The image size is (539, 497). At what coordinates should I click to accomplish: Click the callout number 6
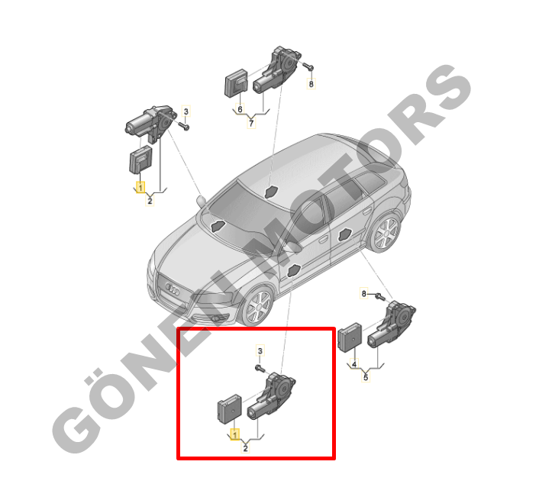click(x=240, y=109)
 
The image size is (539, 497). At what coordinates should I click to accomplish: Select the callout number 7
click(x=251, y=123)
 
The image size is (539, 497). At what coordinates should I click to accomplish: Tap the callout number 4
click(x=354, y=363)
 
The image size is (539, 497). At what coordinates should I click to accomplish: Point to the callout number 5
click(x=366, y=377)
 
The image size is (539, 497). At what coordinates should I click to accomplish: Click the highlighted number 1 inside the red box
click(x=235, y=435)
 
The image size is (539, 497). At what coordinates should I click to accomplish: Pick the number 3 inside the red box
click(x=260, y=351)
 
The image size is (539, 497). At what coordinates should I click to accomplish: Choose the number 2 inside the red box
click(x=245, y=448)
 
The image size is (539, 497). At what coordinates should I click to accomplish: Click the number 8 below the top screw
click(x=311, y=84)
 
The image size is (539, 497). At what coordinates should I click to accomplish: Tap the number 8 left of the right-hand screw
click(x=363, y=293)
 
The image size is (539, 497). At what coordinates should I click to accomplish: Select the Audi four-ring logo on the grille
click(x=173, y=290)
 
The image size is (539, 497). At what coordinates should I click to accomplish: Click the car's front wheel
click(x=258, y=307)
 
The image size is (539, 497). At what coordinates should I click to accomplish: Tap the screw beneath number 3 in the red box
click(x=260, y=369)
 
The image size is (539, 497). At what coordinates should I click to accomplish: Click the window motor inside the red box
click(x=272, y=396)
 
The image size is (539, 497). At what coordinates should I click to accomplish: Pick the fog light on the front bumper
click(x=216, y=318)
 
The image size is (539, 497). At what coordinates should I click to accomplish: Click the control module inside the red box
click(x=230, y=408)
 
